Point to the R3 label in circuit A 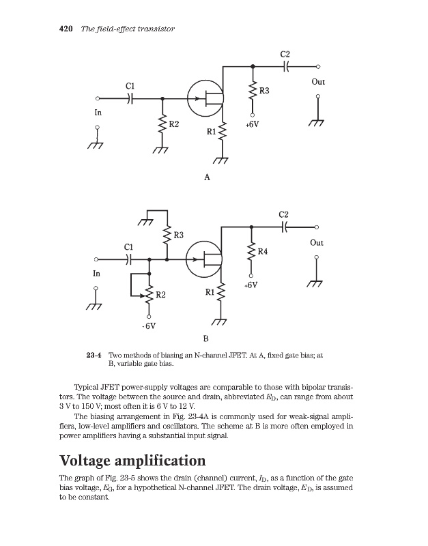[264, 91]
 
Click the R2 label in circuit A [174, 124]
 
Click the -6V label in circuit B [149, 326]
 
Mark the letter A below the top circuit [207, 177]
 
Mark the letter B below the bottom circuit [206, 339]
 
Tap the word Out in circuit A [318, 82]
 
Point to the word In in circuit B [96, 273]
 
